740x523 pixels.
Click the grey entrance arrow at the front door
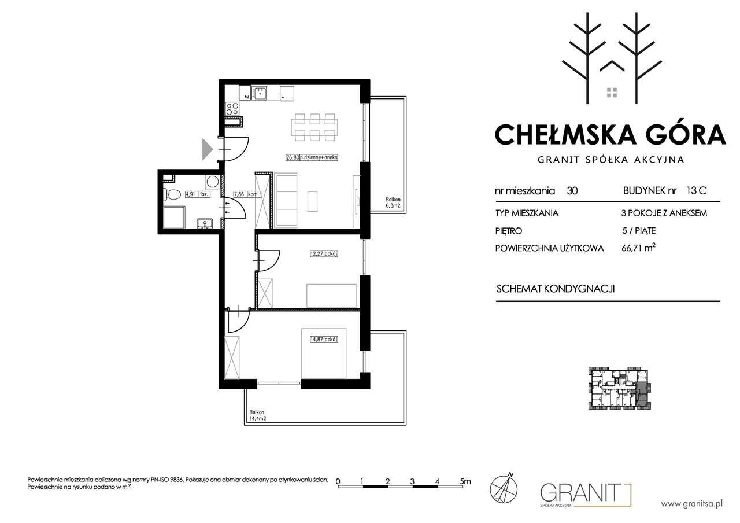point(207,149)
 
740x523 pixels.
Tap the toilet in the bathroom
point(172,194)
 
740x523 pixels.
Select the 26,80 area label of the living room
point(293,157)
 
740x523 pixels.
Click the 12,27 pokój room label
point(324,254)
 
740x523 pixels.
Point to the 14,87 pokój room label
point(324,339)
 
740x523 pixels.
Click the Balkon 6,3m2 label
point(393,202)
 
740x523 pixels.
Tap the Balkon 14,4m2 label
point(258,415)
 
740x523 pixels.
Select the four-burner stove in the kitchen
point(232,108)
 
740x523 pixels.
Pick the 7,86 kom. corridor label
point(247,194)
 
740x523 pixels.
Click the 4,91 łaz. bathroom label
point(198,194)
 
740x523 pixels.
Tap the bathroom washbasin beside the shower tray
point(205,223)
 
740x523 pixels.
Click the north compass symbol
point(504,488)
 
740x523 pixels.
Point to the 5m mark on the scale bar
point(465,481)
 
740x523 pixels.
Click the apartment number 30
point(572,191)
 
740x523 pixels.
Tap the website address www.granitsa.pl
point(691,504)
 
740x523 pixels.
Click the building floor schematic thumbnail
point(620,388)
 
